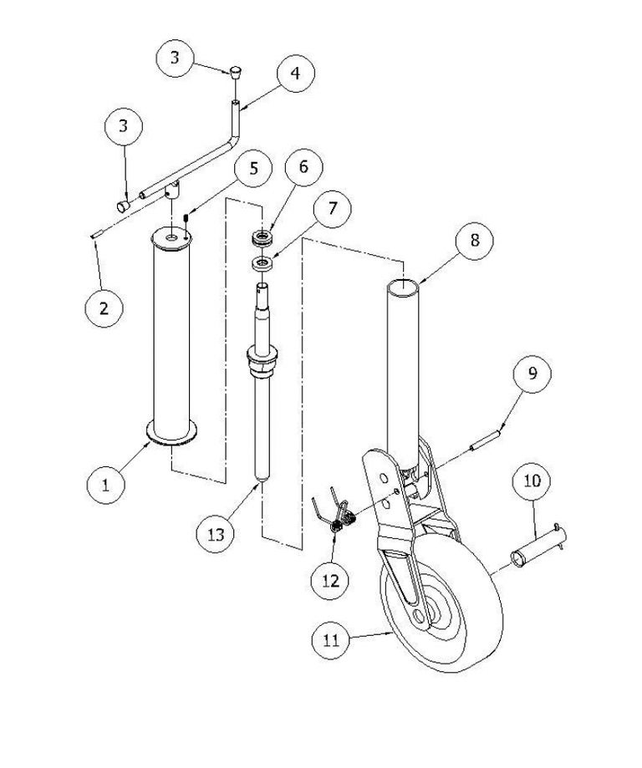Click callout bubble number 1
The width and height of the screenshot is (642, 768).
click(x=106, y=484)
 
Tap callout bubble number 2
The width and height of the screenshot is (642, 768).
click(x=104, y=308)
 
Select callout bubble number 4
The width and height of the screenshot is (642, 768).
click(x=296, y=73)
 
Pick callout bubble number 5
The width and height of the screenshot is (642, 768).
click(x=253, y=168)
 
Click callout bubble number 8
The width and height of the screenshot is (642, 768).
click(x=474, y=240)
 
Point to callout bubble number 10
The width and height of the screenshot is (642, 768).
click(x=532, y=480)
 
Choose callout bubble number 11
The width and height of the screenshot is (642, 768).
click(x=332, y=639)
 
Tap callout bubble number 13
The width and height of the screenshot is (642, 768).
click(x=216, y=533)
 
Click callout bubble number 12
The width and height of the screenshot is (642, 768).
click(x=331, y=581)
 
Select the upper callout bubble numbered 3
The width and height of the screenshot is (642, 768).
click(x=175, y=58)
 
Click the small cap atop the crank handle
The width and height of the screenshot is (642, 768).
click(x=236, y=72)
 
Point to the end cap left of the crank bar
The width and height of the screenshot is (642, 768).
click(x=123, y=206)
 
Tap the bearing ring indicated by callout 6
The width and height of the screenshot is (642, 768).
click(x=262, y=239)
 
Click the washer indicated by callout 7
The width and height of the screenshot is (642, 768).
click(x=263, y=263)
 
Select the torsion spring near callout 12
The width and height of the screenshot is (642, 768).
click(x=337, y=514)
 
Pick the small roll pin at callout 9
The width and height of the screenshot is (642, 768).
click(x=486, y=440)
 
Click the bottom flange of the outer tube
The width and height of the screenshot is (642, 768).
click(x=171, y=433)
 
